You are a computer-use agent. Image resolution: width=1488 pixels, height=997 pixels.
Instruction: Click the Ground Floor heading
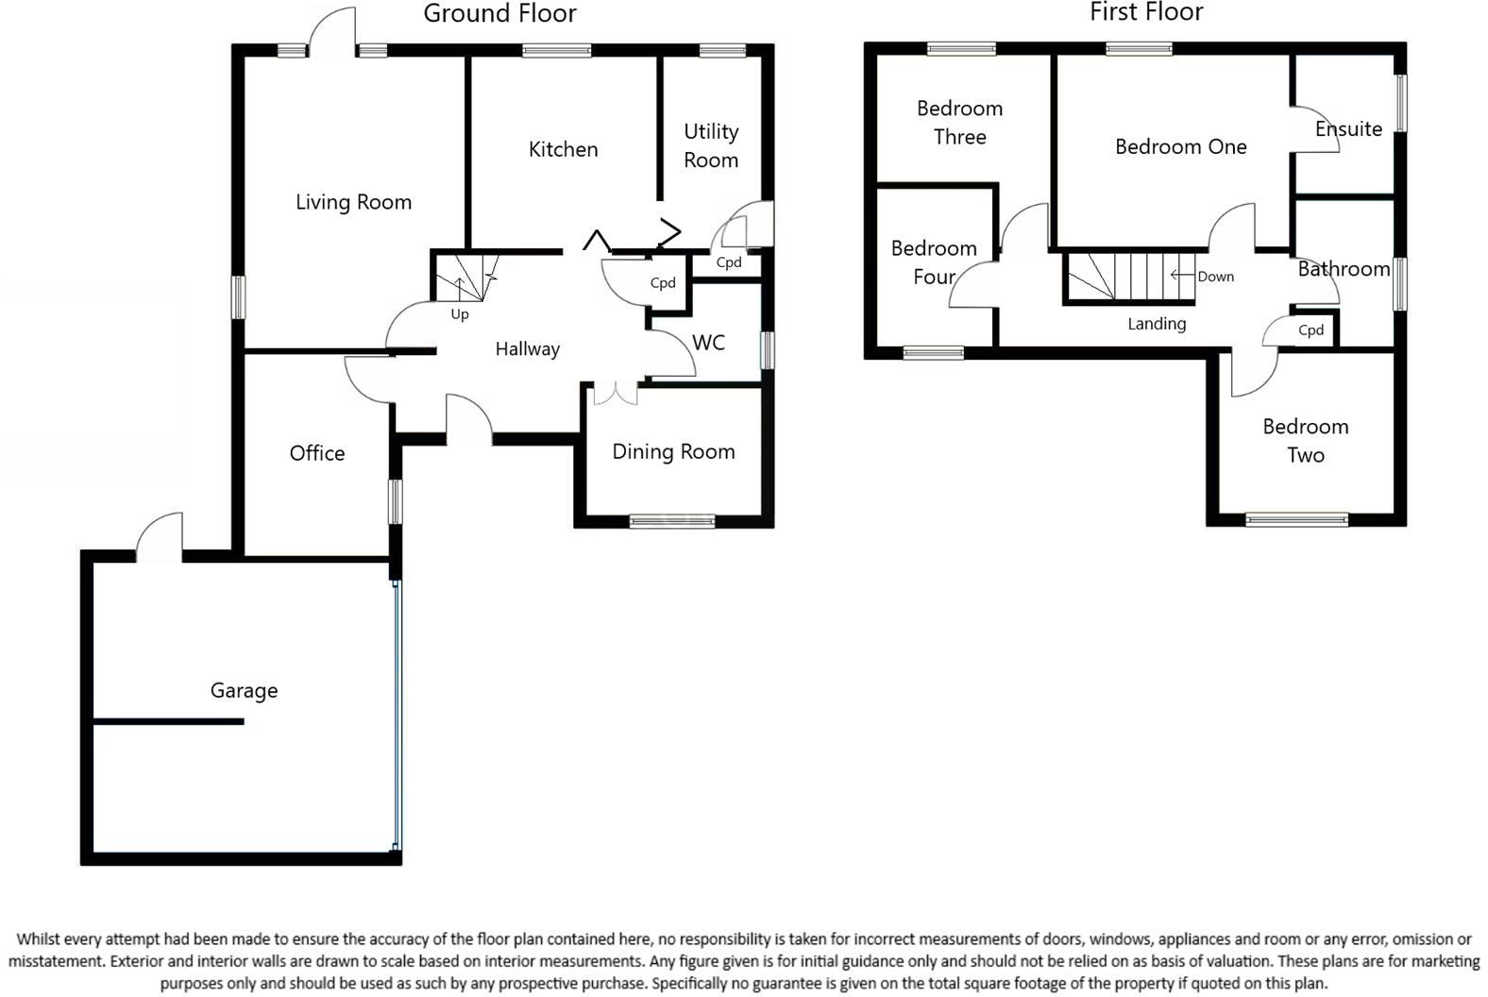click(x=499, y=14)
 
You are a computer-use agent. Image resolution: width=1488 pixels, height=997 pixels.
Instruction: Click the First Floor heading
click(x=1145, y=12)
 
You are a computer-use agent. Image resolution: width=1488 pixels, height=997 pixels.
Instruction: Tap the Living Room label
click(x=353, y=202)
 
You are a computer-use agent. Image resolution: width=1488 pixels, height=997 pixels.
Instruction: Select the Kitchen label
click(x=563, y=149)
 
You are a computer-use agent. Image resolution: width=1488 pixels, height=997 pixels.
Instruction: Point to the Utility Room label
click(x=711, y=145)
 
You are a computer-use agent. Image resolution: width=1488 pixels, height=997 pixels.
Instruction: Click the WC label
click(x=708, y=343)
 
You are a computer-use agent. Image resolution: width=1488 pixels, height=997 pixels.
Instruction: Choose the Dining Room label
click(x=673, y=451)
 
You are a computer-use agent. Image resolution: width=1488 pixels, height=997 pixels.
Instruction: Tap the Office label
click(x=316, y=453)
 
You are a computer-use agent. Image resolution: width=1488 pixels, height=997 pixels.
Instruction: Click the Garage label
click(x=244, y=690)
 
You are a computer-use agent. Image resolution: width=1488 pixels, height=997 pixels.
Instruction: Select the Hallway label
click(x=527, y=349)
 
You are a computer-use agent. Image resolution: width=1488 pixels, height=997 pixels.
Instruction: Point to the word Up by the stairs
click(x=460, y=314)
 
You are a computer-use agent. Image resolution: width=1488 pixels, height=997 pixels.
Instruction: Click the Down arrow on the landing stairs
click(x=1179, y=276)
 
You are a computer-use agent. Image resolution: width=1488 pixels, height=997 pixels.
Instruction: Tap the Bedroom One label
click(x=1180, y=146)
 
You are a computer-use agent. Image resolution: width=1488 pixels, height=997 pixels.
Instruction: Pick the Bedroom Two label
click(x=1305, y=440)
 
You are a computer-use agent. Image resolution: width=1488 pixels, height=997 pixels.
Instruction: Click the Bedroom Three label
click(x=959, y=123)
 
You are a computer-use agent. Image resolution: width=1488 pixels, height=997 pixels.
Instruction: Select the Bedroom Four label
click(x=933, y=262)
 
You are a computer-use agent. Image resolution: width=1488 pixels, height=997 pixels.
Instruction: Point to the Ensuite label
click(x=1347, y=128)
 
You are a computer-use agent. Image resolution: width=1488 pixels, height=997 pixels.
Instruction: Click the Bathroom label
click(x=1343, y=269)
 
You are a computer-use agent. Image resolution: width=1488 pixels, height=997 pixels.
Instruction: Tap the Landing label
click(x=1157, y=324)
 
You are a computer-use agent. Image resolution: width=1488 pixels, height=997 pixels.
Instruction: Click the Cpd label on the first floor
click(x=1310, y=330)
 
